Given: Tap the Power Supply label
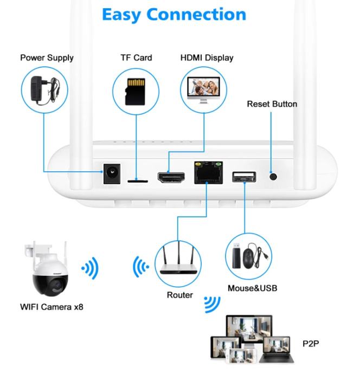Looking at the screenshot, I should click(47, 58).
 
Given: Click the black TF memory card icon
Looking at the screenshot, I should click(136, 91).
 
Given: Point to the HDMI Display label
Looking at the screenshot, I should click(207, 58).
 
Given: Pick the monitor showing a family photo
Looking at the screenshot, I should click(204, 89).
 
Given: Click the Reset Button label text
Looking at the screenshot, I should click(272, 104).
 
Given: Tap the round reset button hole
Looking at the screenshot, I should click(273, 176).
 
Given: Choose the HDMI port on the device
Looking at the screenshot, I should click(170, 177).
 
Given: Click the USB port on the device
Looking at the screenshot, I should click(243, 177).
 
